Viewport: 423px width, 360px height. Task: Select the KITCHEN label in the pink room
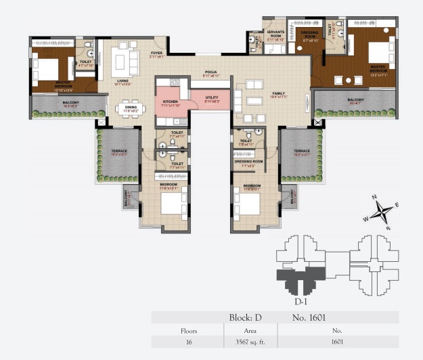[x=170, y=102]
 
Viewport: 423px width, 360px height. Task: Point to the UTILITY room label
[x=212, y=99]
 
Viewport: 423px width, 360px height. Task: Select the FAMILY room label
[x=279, y=95]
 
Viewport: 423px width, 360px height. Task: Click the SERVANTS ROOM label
[x=274, y=35]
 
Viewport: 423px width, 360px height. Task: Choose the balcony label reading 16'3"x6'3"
[x=71, y=104]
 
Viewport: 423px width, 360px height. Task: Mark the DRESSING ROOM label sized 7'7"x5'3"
[x=248, y=162]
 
